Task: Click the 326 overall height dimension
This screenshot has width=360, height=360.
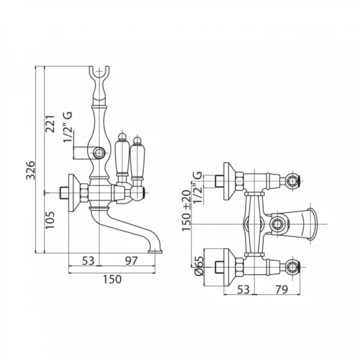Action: [x=31, y=170]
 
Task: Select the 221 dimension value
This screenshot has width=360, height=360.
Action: [x=50, y=123]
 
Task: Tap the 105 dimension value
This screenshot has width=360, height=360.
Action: [x=50, y=220]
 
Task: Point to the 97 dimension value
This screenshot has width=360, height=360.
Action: [x=131, y=260]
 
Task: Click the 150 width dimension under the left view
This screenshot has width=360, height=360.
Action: [x=112, y=279]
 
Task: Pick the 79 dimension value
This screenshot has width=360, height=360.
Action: [x=282, y=290]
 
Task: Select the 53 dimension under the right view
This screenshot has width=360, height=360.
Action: [x=243, y=290]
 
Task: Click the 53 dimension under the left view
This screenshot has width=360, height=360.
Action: [x=89, y=260]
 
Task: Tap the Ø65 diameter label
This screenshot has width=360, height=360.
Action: [x=199, y=266]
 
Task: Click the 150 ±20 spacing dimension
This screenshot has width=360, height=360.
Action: [x=186, y=210]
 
